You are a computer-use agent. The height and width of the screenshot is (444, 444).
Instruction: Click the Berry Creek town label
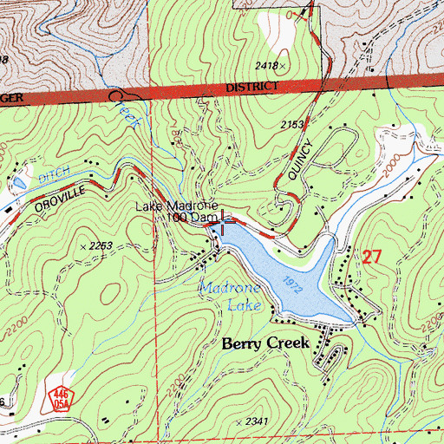click(x=265, y=343)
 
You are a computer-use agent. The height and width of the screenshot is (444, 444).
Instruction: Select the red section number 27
click(x=372, y=257)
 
